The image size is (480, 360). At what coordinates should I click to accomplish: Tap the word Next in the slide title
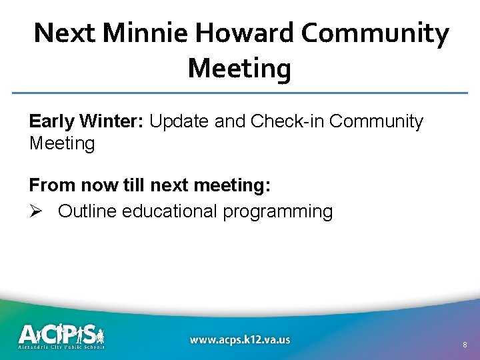point(63,33)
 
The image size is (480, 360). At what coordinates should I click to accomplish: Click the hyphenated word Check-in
point(287,121)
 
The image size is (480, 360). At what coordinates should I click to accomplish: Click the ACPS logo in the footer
point(61,332)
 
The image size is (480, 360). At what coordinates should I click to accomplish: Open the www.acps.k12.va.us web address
point(240,339)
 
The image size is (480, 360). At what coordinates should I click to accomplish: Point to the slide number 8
point(465,345)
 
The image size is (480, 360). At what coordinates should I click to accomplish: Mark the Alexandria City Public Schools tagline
point(61,347)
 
